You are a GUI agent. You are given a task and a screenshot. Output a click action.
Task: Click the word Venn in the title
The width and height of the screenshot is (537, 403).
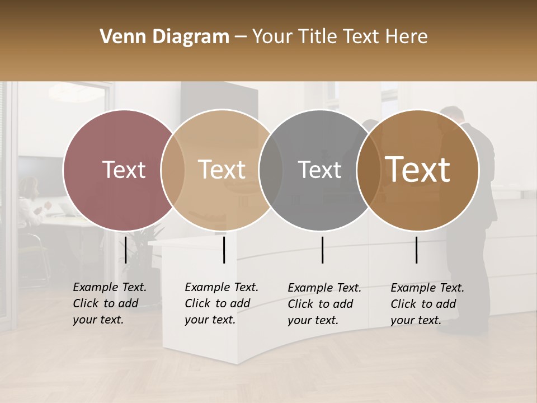[118, 37]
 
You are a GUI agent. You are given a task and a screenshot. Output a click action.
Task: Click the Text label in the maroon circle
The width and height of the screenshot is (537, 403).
[124, 170]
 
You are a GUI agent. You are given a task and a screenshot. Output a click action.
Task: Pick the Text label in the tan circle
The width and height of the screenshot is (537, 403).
[222, 170]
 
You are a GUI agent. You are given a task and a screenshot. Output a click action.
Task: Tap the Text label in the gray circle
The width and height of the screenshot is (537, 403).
[320, 170]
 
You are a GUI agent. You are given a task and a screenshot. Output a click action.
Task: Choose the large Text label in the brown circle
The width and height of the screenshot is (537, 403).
[418, 170]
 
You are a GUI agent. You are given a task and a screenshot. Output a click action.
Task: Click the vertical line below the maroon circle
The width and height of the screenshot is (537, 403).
[125, 250]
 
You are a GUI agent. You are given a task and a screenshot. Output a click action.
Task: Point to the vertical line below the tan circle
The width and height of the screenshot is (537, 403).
[224, 250]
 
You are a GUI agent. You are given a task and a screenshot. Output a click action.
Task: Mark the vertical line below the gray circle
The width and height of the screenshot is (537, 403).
[322, 250]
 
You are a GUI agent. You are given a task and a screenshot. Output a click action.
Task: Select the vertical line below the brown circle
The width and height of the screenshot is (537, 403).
[416, 250]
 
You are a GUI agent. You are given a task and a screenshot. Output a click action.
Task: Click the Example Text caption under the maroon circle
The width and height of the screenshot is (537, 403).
[109, 303]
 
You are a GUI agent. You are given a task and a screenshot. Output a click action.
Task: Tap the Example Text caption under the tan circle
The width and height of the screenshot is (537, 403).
[221, 303]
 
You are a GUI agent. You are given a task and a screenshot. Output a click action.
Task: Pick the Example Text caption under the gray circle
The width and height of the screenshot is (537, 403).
[324, 304]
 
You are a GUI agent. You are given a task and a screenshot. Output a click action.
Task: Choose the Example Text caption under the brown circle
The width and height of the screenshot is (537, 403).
[427, 304]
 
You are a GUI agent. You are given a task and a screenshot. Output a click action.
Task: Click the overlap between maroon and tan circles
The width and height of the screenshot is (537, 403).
[173, 170]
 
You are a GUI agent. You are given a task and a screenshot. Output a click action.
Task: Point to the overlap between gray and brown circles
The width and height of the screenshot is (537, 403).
[369, 170]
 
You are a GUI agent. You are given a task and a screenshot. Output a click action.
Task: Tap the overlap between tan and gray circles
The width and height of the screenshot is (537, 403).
[271, 170]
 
